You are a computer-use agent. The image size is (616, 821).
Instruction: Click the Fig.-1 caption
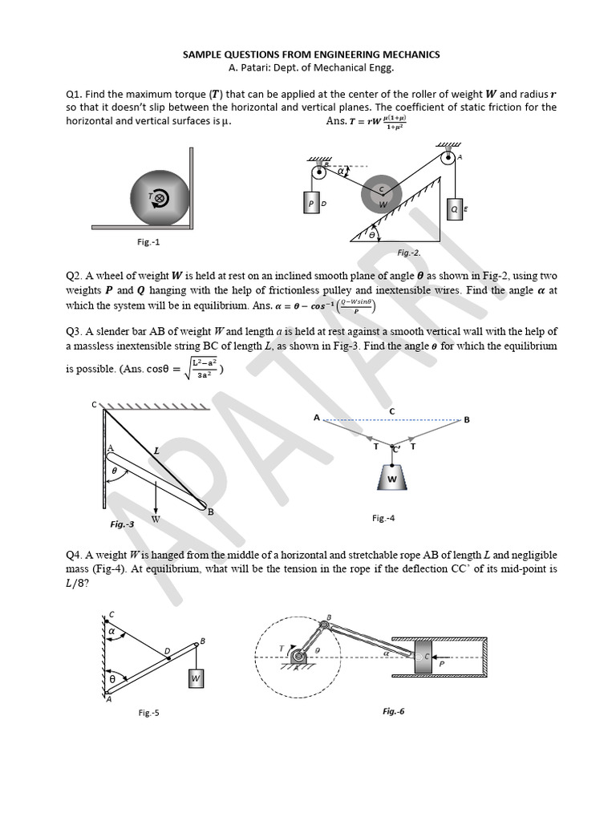[148, 241]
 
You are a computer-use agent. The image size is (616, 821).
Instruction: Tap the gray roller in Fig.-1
[160, 196]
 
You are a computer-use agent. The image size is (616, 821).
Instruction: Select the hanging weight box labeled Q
[455, 209]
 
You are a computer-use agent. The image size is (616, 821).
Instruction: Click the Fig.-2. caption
[409, 253]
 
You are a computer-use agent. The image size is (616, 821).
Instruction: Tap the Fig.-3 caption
[122, 524]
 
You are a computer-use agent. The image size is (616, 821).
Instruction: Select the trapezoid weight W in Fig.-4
[392, 479]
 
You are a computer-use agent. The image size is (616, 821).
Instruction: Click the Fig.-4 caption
[383, 518]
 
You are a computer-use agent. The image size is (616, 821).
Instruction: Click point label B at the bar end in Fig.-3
[210, 512]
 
